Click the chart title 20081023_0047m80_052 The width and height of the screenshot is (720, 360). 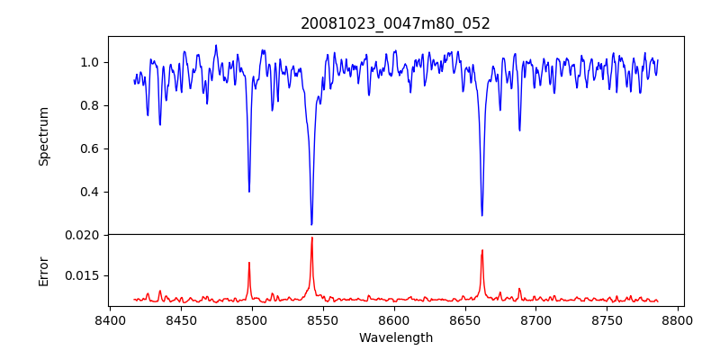tap(395, 23)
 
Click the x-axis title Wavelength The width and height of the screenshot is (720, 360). tap(395, 337)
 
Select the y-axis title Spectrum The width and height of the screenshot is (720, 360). tap(43, 136)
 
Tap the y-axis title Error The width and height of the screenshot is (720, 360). tap(43, 270)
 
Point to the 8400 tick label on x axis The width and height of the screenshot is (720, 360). tap(109, 319)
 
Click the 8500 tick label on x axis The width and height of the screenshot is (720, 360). tap(251, 319)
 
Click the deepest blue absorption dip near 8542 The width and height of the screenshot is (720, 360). tap(311, 224)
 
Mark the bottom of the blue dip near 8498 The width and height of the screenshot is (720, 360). tap(249, 191)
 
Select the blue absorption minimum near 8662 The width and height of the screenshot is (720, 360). tap(481, 215)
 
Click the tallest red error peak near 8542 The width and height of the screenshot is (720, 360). tap(311, 238)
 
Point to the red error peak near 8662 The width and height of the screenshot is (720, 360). tap(481, 250)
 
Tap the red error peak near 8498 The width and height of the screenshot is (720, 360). tap(249, 263)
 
